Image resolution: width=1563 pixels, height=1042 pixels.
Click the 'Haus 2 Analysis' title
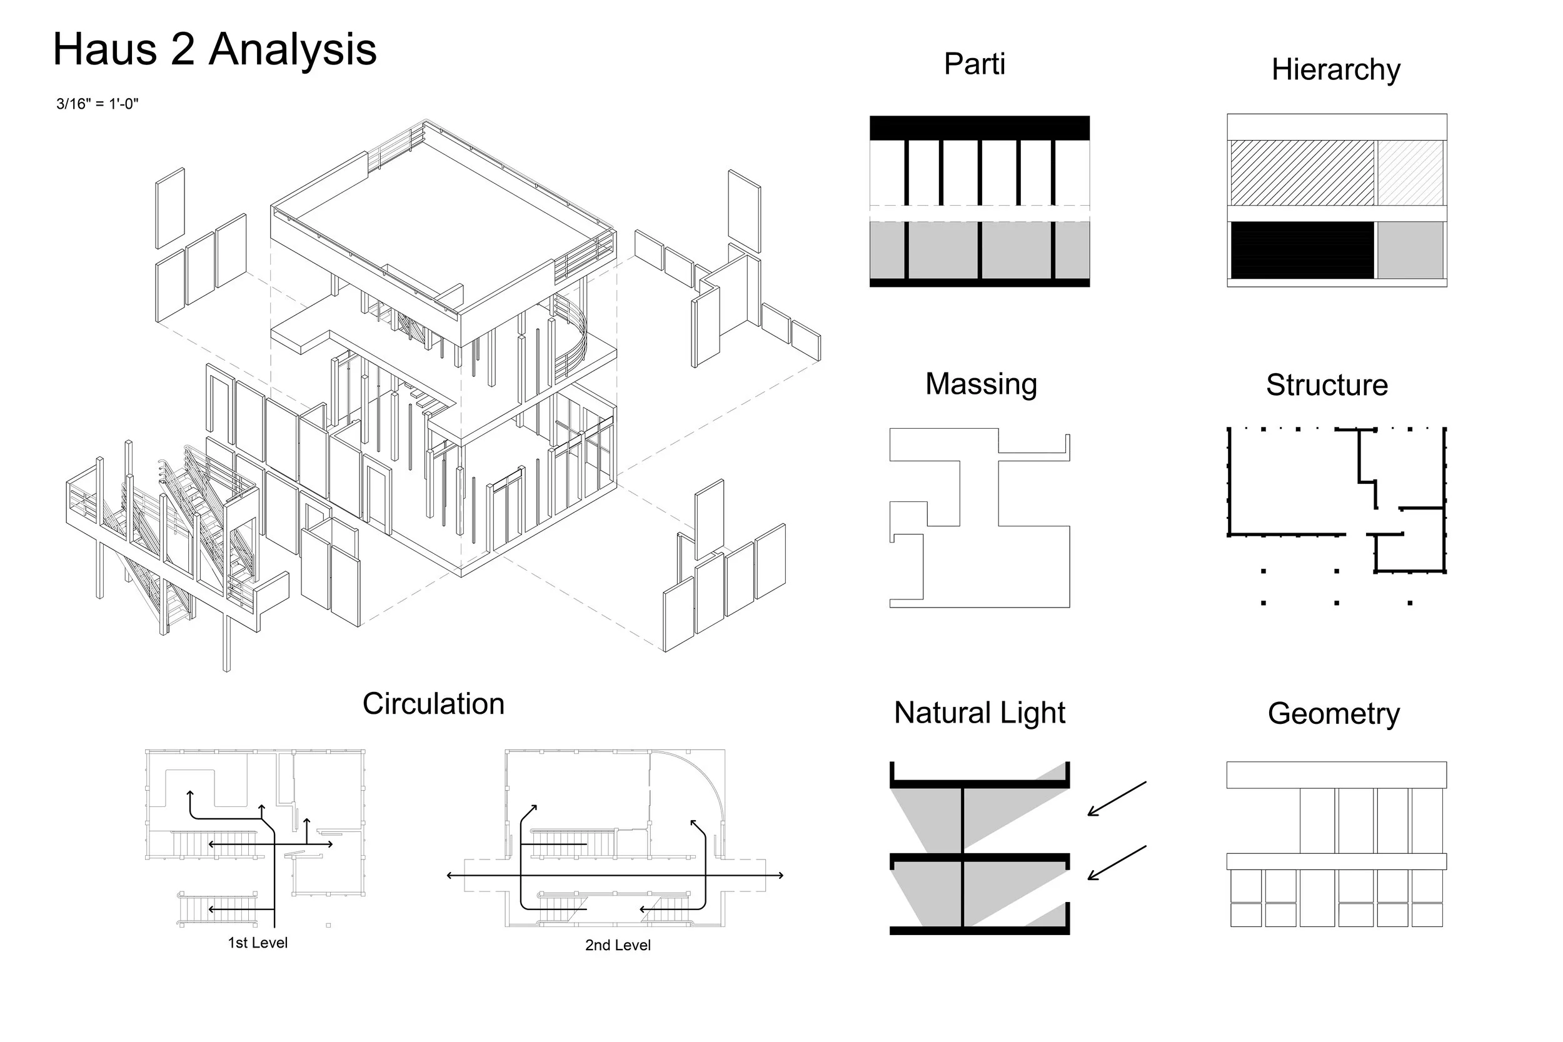click(x=214, y=51)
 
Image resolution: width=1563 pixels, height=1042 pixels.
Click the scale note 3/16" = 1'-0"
click(x=97, y=104)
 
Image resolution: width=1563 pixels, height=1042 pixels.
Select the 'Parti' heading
click(x=974, y=64)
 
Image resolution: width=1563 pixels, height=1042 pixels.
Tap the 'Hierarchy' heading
click(x=1335, y=70)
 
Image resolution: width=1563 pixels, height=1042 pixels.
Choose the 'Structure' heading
click(x=1327, y=385)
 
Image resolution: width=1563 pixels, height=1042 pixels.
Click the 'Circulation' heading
click(x=433, y=704)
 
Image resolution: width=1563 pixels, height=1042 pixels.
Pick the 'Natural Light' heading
click(x=980, y=713)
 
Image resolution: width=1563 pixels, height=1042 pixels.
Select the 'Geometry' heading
click(x=1334, y=714)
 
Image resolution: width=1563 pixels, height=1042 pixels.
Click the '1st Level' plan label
click(x=258, y=943)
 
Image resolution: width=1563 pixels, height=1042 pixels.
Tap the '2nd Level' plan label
click(x=618, y=946)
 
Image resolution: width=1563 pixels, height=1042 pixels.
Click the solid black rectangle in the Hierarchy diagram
click(x=1302, y=250)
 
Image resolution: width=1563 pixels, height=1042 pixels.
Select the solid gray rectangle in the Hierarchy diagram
click(x=1410, y=250)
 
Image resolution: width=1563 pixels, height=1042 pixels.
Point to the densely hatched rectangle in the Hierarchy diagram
click(x=1302, y=173)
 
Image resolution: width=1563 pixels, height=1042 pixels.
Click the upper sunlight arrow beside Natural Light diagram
click(x=1117, y=799)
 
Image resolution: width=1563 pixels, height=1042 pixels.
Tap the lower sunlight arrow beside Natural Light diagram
click(x=1117, y=863)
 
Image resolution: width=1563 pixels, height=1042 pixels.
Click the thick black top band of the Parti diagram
click(x=980, y=128)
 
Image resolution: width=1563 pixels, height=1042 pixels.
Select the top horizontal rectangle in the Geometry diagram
click(x=1337, y=775)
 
